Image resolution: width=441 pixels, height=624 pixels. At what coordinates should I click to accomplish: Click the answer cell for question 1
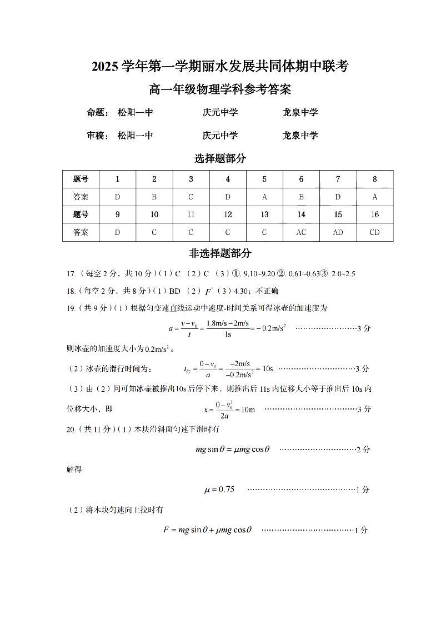coord(117,197)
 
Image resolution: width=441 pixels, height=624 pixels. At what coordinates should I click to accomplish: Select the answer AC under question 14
coord(301,232)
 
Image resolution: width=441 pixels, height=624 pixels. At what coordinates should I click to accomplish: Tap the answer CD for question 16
coord(374,232)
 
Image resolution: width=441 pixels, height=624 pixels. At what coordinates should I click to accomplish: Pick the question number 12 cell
coord(228,214)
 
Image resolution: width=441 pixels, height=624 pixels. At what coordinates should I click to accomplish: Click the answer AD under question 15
coord(338,232)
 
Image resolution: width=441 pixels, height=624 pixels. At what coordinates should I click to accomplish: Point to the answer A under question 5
coord(264,197)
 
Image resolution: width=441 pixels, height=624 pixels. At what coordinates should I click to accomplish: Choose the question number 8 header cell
coord(374,179)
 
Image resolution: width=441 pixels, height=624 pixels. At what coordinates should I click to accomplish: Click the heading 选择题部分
coord(220,158)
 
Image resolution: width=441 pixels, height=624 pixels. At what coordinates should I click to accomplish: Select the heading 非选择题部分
coord(220,253)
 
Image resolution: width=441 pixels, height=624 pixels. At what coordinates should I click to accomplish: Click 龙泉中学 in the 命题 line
coord(300,113)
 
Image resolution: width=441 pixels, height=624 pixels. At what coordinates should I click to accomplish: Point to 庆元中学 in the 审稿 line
coord(220,136)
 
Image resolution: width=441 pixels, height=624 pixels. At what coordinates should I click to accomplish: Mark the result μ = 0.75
coord(220,490)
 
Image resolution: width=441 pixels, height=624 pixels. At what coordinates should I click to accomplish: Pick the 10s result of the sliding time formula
coord(267,368)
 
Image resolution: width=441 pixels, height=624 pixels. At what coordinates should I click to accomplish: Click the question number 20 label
coord(71,430)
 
